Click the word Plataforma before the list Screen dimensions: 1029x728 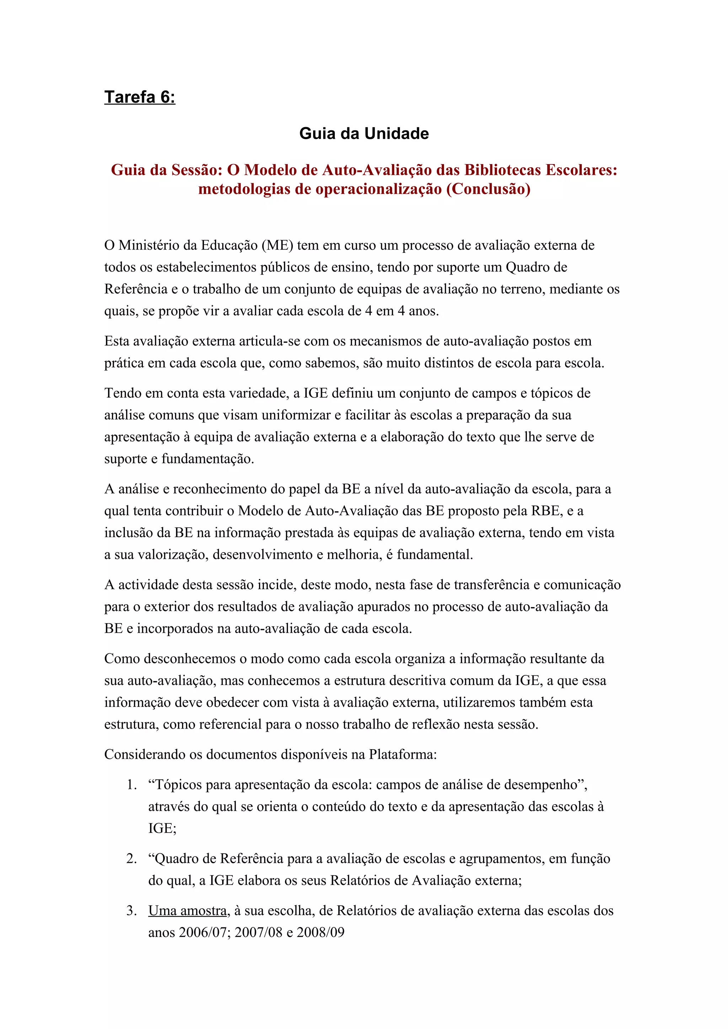pyautogui.click(x=402, y=754)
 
